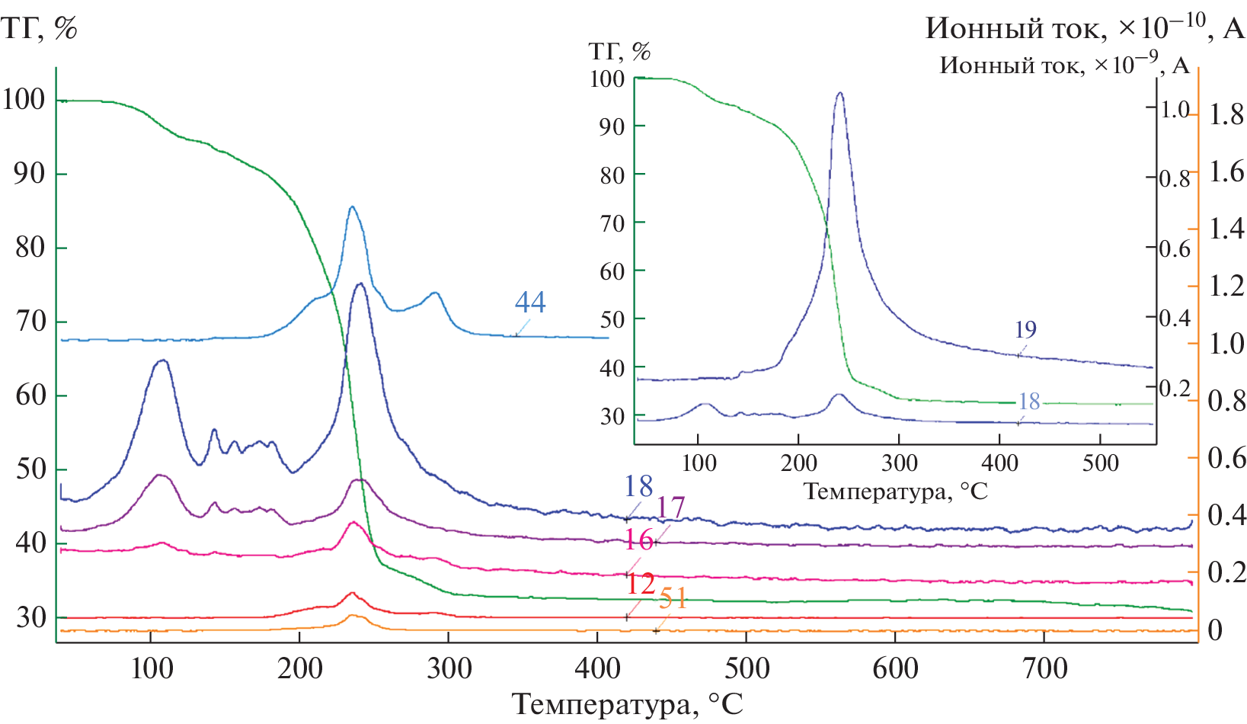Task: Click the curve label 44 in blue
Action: [x=530, y=303]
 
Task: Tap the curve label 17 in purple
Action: [x=670, y=508]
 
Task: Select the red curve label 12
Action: [x=640, y=584]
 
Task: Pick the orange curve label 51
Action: [x=673, y=599]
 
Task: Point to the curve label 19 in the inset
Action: [x=1025, y=329]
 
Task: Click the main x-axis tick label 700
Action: [x=1044, y=668]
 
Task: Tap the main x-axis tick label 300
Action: [x=449, y=668]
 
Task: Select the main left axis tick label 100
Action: [x=24, y=99]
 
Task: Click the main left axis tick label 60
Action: [x=30, y=395]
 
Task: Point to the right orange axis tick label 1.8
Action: [x=1226, y=114]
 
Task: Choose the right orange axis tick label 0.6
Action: [x=1226, y=458]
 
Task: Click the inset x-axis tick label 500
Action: [x=1100, y=463]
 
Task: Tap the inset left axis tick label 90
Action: [x=612, y=127]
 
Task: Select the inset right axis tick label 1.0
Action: [x=1175, y=109]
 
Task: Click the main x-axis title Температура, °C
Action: [x=627, y=703]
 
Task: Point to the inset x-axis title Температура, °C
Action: [x=896, y=492]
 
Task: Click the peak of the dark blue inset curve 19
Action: [x=839, y=93]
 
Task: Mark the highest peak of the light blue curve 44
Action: [x=352, y=207]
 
